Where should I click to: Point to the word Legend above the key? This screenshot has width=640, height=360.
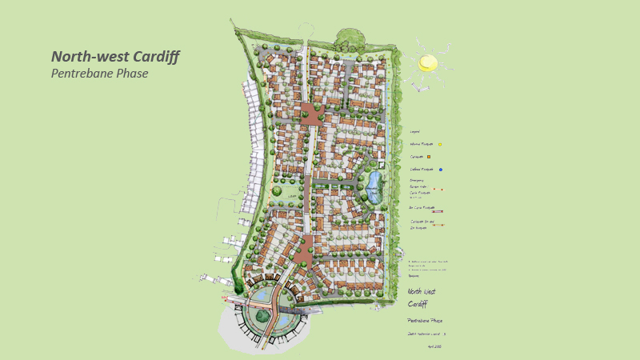click(x=415, y=131)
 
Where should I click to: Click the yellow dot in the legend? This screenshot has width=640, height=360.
click(x=440, y=145)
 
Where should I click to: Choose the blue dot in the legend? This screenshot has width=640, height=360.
click(x=440, y=170)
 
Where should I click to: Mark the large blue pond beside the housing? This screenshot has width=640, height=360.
click(x=374, y=186)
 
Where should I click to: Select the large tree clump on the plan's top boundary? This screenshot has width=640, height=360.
click(x=350, y=37)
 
